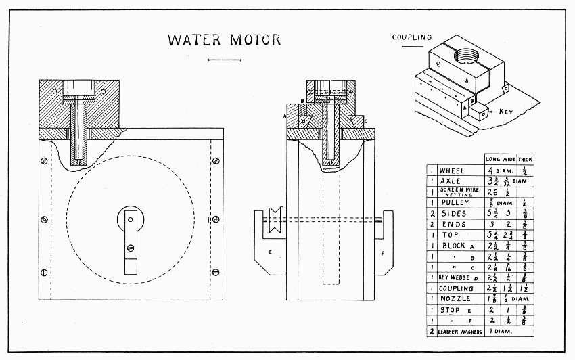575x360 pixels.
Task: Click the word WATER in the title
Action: [191, 40]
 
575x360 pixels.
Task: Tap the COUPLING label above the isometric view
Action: [411, 37]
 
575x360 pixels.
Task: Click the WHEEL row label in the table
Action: [452, 171]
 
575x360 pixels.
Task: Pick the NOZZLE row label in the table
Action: [455, 299]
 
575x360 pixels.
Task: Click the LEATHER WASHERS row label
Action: [462, 332]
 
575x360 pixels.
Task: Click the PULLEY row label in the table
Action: [454, 202]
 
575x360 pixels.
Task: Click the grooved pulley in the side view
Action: [275, 219]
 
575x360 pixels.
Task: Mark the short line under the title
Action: [225, 61]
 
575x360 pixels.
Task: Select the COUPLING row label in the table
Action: [457, 288]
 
